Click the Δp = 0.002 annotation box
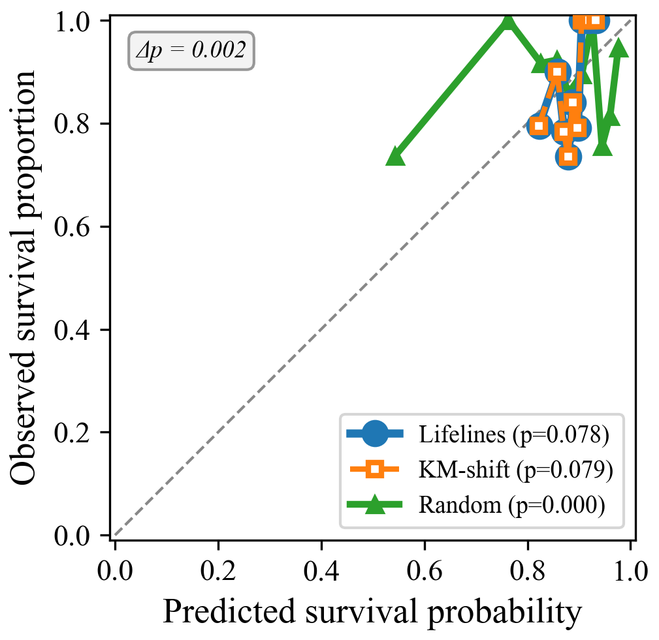coord(191,51)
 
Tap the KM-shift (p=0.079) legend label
coord(515,470)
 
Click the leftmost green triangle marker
coord(394,157)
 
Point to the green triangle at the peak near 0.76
coord(507,22)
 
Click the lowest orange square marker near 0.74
coord(568,156)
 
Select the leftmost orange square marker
coord(539,126)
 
